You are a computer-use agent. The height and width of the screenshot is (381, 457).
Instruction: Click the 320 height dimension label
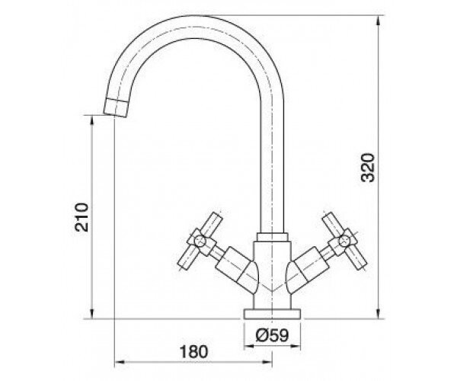pyautogui.click(x=367, y=168)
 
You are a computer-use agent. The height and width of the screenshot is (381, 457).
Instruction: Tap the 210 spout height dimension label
pyautogui.click(x=81, y=217)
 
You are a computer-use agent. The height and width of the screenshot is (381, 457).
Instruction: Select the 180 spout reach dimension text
pyautogui.click(x=193, y=352)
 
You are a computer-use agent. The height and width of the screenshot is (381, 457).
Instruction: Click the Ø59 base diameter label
pyautogui.click(x=272, y=335)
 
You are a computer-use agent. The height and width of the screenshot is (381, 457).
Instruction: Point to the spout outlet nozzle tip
pyautogui.click(x=116, y=108)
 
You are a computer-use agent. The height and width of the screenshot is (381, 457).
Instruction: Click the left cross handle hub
pyautogui.click(x=201, y=242)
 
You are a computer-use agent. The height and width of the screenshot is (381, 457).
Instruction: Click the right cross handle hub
pyautogui.click(x=344, y=242)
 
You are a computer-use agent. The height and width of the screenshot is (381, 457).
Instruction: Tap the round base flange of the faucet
pyautogui.click(x=272, y=314)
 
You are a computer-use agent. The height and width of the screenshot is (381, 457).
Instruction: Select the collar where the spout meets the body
pyautogui.click(x=272, y=237)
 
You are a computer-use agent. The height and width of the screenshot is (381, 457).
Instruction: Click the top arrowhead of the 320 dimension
pyautogui.click(x=378, y=20)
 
